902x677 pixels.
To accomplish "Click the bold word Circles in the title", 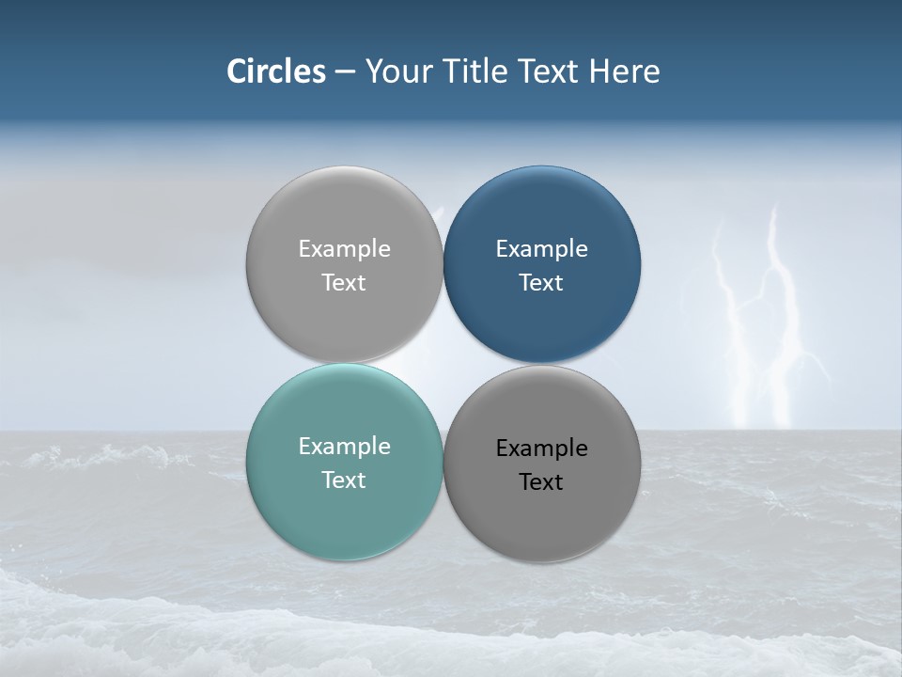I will pyautogui.click(x=276, y=71).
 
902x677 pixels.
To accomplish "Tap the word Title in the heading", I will pyautogui.click(x=474, y=71).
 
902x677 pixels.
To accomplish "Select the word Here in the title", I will pyautogui.click(x=625, y=71).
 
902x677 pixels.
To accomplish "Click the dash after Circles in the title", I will pyautogui.click(x=345, y=72).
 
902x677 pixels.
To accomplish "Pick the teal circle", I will pyautogui.click(x=344, y=508).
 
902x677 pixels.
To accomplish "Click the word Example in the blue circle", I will pyautogui.click(x=542, y=249).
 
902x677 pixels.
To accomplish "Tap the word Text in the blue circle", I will pyautogui.click(x=541, y=283).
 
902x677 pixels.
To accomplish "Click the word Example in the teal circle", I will pyautogui.click(x=344, y=447).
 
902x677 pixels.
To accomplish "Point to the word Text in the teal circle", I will pyautogui.click(x=344, y=480).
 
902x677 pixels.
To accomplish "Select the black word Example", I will pyautogui.click(x=542, y=449).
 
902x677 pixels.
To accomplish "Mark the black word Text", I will pyautogui.click(x=541, y=482).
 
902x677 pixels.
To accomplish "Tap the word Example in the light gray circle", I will pyautogui.click(x=344, y=249).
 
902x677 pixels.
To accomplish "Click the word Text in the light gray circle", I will pyautogui.click(x=344, y=283).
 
